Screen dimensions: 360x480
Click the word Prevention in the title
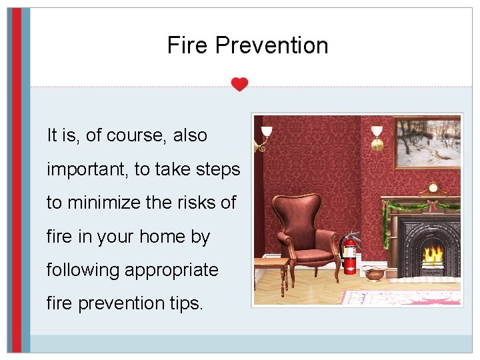click(271, 45)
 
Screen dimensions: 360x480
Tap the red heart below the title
click(239, 85)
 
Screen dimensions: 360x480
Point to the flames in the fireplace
click(434, 255)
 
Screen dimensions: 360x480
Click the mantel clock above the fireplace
click(433, 189)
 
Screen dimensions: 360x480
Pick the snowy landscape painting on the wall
click(427, 142)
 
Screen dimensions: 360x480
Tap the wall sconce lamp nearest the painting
click(377, 137)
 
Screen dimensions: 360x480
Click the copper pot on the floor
click(375, 273)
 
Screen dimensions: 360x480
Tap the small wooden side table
click(270, 270)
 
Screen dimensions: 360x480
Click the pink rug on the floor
click(400, 297)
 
